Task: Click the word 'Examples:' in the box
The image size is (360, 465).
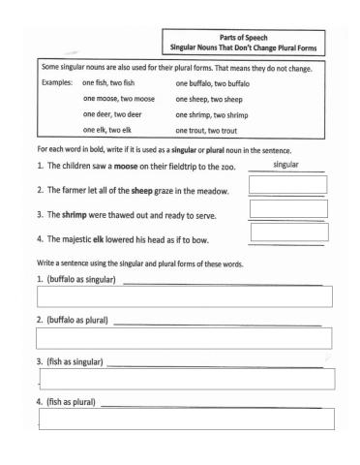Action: pos(58,84)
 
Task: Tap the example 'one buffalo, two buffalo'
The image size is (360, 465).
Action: pos(217,84)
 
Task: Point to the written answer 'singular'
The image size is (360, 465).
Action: pos(285,165)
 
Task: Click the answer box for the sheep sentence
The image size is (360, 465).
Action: pos(287,185)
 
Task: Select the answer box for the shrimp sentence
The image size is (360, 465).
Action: pos(287,208)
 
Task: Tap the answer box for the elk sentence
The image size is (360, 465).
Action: pos(287,232)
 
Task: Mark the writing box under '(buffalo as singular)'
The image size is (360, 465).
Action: pos(184,295)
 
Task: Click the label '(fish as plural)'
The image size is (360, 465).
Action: pos(67,401)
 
